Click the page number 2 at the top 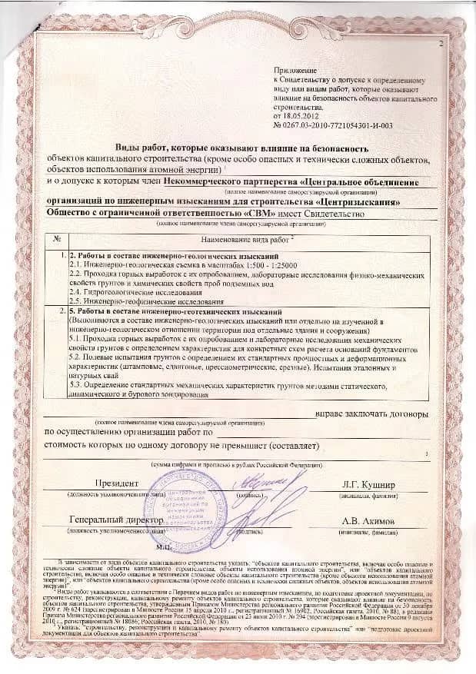(441, 45)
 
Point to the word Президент (116, 484)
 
